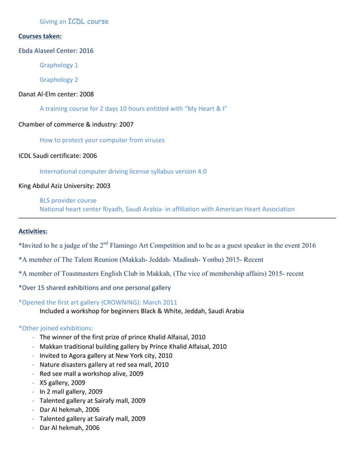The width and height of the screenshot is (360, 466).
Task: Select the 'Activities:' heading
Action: [x=33, y=231]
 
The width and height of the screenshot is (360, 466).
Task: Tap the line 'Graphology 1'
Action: [x=59, y=65]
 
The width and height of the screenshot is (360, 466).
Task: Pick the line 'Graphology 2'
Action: [x=59, y=80]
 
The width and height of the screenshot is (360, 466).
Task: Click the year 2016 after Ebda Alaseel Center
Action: [x=86, y=51]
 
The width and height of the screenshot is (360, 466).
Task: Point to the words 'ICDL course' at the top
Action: [x=88, y=21]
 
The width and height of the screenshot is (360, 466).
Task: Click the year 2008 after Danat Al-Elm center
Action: [x=86, y=94]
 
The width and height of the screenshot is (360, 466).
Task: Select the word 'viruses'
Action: [x=153, y=140]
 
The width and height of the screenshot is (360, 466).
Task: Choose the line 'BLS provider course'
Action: [x=68, y=200]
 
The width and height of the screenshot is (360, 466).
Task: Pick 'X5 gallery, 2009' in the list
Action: [x=63, y=383]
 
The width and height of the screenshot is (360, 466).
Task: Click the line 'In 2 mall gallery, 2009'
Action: [x=71, y=392]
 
